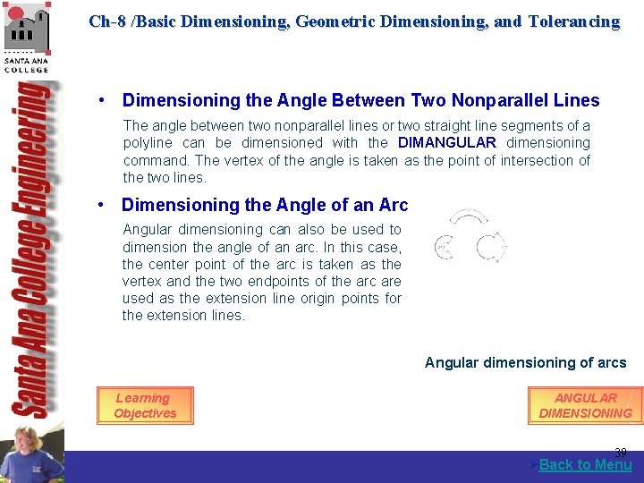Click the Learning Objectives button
click(144, 406)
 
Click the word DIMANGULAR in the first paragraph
click(446, 142)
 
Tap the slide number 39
click(620, 453)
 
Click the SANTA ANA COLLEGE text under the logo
click(27, 64)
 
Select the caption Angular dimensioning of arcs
click(525, 362)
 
